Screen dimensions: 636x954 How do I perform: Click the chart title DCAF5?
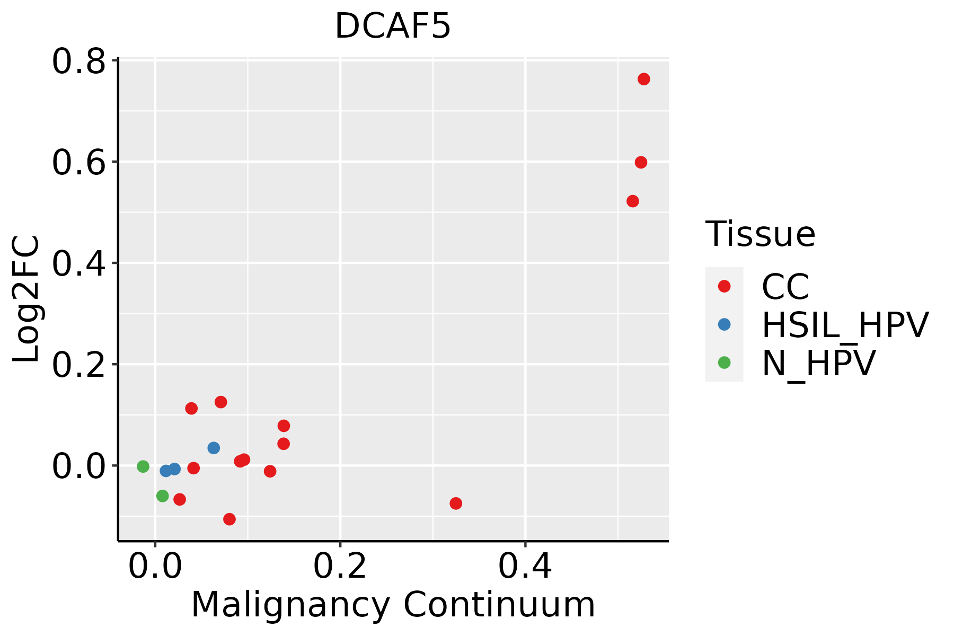(393, 26)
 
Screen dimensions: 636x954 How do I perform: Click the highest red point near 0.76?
(643, 79)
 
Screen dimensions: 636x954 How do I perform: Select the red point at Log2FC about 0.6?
(641, 162)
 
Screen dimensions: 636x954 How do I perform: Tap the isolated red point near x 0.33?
(456, 503)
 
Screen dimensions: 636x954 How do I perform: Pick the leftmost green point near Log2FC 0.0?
(143, 466)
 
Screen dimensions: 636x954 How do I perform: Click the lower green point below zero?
(163, 496)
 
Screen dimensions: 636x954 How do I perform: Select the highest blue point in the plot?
(214, 448)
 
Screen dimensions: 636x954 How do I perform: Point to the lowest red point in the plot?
(229, 519)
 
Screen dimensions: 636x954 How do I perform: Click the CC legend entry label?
(785, 287)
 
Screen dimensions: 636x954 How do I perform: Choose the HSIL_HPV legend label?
(845, 325)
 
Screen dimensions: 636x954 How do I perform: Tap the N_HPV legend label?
(818, 363)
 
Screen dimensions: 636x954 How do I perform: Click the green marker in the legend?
(724, 363)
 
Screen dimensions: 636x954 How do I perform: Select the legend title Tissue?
(760, 234)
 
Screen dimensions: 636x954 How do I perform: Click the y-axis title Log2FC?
(26, 299)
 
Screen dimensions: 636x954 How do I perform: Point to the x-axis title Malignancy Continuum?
(393, 605)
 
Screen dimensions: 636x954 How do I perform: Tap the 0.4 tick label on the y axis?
(78, 264)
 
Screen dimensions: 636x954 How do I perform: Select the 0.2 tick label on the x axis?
(340, 567)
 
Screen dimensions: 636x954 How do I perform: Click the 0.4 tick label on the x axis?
(525, 567)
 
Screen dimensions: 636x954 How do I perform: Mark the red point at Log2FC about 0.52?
(632, 201)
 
